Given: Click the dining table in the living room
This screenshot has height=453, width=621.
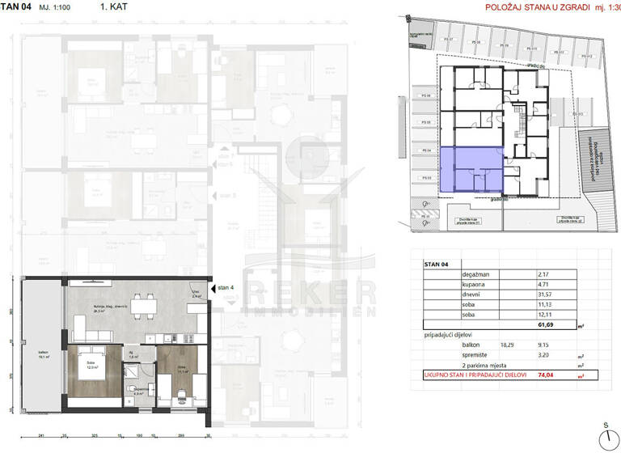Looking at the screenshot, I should pos(145,305).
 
